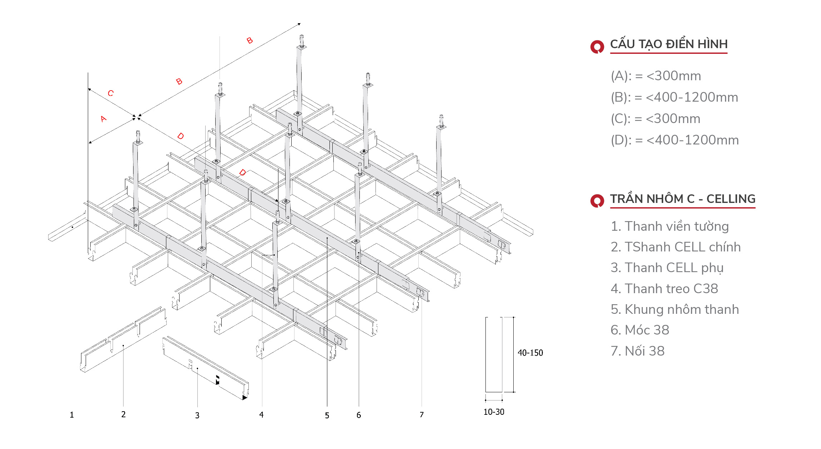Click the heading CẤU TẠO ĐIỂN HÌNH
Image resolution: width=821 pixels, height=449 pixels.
tap(668, 44)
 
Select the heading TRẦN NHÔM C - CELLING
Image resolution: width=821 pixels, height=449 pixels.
tap(682, 199)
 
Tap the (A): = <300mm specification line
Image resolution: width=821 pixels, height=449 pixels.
tap(656, 76)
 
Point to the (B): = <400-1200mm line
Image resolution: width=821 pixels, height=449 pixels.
tap(674, 97)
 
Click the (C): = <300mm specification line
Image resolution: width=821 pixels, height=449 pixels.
tap(655, 119)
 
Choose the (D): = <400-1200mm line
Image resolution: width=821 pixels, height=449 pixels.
tap(674, 140)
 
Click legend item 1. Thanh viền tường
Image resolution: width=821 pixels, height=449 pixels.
tap(669, 226)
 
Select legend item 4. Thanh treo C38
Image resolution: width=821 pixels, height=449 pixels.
tap(664, 289)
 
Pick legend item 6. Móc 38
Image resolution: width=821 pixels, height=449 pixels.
tap(640, 330)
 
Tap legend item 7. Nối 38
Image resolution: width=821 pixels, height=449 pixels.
tap(638, 351)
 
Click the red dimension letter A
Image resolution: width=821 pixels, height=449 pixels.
tap(104, 119)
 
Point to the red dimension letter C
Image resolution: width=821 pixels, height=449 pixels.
tap(111, 93)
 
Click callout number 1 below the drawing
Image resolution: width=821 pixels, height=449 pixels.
tap(72, 415)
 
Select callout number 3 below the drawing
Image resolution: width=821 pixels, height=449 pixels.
tap(197, 415)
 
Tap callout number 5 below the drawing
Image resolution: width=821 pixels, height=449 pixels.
tap(327, 415)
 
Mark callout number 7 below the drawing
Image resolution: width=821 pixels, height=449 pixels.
tap(422, 415)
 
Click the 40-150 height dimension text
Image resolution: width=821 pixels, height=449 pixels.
tap(530, 353)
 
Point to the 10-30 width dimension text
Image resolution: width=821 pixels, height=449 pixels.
tap(494, 412)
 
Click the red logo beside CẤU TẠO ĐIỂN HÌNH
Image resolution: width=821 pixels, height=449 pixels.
tap(597, 46)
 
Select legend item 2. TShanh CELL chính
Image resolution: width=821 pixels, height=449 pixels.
tap(675, 247)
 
